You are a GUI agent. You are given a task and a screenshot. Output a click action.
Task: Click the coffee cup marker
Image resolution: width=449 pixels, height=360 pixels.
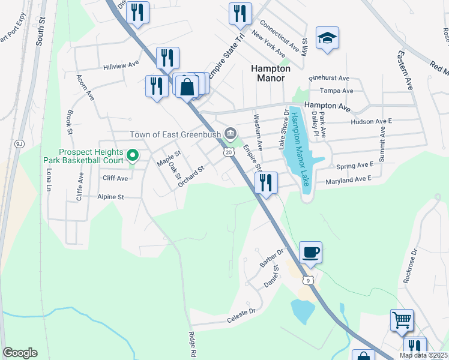tap(310, 253)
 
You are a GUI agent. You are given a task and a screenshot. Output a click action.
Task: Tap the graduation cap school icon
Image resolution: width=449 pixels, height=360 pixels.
tap(327, 39)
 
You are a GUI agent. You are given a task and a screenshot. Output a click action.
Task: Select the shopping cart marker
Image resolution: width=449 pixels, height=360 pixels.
tap(402, 320)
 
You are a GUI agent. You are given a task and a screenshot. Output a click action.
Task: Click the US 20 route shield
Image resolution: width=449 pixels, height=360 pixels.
tap(229, 152)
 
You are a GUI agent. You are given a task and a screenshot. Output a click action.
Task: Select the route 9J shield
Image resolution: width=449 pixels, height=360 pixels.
tap(19, 144)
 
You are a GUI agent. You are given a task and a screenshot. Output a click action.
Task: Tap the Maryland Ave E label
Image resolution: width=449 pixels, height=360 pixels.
tap(349, 179)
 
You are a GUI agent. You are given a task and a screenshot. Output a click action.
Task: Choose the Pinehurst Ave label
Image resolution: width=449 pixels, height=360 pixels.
tap(329, 79)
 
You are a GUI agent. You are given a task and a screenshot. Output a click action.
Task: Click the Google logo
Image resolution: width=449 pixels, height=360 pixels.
tap(20, 353)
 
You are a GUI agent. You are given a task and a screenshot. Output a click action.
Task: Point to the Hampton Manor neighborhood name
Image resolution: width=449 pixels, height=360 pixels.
tap(270, 73)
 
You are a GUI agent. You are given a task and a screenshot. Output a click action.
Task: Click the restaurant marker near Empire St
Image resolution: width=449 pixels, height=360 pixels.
tap(266, 182)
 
